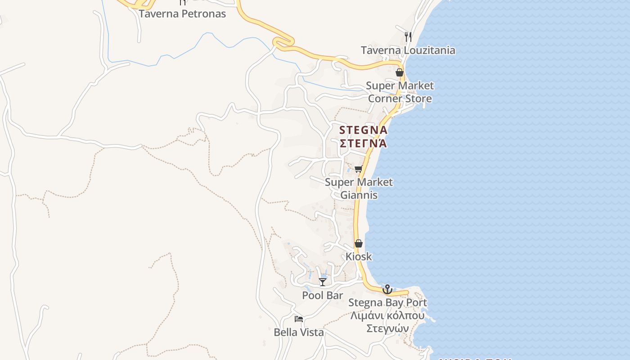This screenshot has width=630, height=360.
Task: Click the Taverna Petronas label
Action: [x=182, y=14]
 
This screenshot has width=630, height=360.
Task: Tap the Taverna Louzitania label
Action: [x=408, y=50]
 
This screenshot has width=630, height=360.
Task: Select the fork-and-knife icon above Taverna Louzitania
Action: [x=408, y=36]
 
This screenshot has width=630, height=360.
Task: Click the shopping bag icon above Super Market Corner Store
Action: [x=400, y=72]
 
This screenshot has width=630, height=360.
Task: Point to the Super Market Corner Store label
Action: [x=400, y=92]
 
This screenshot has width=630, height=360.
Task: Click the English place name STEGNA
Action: [x=363, y=130]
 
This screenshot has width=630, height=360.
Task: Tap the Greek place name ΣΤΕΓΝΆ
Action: [x=363, y=144]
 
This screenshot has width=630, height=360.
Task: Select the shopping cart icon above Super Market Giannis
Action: [x=358, y=169]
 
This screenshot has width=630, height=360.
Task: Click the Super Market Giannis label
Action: [x=359, y=189]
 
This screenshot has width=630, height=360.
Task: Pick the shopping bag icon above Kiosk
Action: [x=359, y=243]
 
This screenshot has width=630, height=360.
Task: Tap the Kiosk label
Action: [x=359, y=256]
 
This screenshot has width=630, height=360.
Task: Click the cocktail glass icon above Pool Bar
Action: [x=323, y=282]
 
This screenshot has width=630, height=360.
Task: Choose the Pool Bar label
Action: [x=322, y=296]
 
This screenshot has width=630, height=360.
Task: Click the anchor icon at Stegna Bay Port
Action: [x=387, y=289]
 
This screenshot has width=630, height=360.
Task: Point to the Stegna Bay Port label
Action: [x=387, y=302]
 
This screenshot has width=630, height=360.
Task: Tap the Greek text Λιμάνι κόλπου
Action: [x=387, y=315]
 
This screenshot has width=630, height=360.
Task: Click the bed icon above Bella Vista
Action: [x=299, y=319]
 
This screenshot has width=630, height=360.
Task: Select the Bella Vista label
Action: [x=299, y=333]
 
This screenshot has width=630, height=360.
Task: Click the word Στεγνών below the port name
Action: [x=387, y=328]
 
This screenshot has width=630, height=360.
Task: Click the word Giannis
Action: [x=359, y=195]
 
